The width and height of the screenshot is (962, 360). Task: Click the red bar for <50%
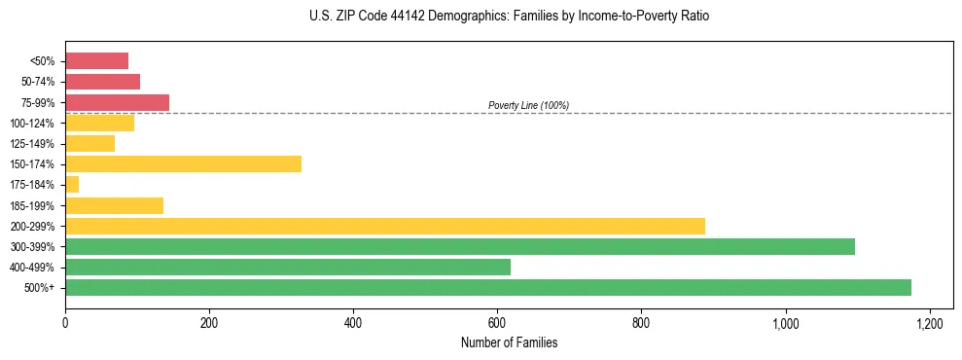point(96,61)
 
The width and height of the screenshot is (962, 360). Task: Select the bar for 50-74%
point(102,82)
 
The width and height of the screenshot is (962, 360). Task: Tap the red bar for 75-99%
point(117,102)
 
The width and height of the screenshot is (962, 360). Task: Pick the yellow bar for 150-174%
point(183,163)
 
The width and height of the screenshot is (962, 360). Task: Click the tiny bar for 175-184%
point(72,184)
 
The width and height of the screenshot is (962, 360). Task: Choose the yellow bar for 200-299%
point(384,226)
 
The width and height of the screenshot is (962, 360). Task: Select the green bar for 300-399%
point(459,246)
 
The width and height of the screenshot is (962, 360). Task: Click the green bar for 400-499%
point(287,267)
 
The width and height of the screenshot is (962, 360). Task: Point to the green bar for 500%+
point(487,287)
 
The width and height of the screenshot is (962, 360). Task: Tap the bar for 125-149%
point(89,143)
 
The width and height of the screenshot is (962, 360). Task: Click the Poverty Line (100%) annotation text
point(528,105)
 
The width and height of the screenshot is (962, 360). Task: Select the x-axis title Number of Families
point(510,342)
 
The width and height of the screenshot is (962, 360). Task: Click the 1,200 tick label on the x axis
point(929,322)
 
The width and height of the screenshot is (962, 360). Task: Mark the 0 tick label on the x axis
point(65,322)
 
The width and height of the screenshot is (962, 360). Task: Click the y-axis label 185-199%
point(33,205)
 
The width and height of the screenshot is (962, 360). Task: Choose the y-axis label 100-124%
point(33,123)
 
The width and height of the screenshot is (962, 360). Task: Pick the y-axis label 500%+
point(41,287)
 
